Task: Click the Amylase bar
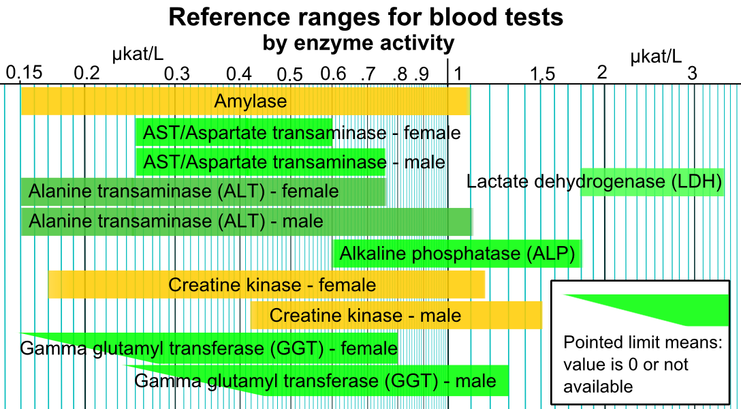[245, 102]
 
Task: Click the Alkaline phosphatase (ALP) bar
[457, 254]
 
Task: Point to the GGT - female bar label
[208, 349]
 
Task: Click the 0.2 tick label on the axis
[86, 73]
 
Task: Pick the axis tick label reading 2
[601, 73]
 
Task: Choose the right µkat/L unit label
[656, 56]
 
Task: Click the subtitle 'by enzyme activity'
[359, 43]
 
